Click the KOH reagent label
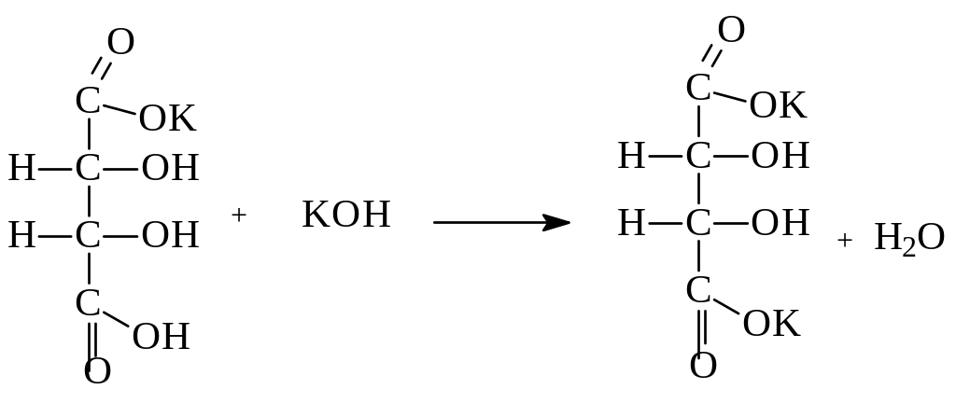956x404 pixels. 346,216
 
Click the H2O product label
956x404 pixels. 909,239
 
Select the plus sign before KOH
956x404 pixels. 239,216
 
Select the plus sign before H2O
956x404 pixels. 844,240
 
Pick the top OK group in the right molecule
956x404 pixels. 778,105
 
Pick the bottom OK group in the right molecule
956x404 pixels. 771,324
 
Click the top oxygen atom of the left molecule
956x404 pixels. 121,42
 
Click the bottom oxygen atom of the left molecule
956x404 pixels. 97,371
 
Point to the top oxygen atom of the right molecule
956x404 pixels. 731,30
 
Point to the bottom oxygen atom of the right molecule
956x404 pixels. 704,364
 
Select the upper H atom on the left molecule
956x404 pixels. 22,169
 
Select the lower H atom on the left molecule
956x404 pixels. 22,234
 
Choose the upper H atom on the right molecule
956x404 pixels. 632,156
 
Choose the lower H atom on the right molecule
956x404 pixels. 632,222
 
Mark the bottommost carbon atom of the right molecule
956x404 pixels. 698,290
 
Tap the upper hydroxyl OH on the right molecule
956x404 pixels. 780,156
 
